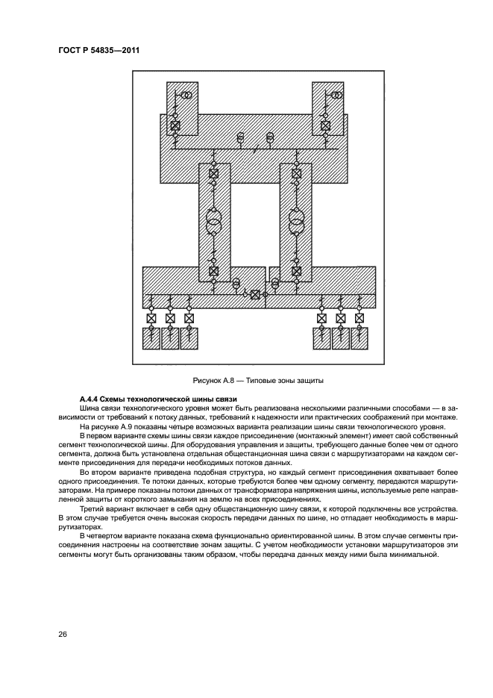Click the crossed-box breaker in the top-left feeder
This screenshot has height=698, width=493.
tap(175, 125)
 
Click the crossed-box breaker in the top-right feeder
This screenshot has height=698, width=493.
tap(324, 125)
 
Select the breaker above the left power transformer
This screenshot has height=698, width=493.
tap(214, 174)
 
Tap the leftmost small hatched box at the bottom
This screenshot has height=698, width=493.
tap(151, 339)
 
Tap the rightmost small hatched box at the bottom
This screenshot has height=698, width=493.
tap(359, 339)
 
